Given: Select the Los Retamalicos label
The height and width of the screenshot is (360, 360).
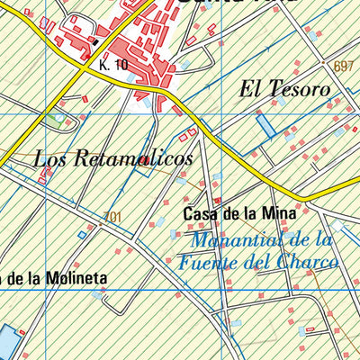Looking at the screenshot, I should (x=112, y=159).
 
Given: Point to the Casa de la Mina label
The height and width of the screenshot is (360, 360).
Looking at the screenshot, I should (x=238, y=214).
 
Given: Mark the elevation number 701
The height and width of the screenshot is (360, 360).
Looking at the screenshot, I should (x=112, y=216).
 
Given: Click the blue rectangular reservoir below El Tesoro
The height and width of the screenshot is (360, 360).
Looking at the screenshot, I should (x=265, y=125).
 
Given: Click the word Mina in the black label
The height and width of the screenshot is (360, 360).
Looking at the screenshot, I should (x=279, y=214).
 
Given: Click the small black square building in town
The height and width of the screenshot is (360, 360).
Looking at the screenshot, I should (x=95, y=40).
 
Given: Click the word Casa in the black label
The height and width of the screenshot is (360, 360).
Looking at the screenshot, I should (x=199, y=214).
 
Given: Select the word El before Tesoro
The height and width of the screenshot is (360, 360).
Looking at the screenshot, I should (x=249, y=90).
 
